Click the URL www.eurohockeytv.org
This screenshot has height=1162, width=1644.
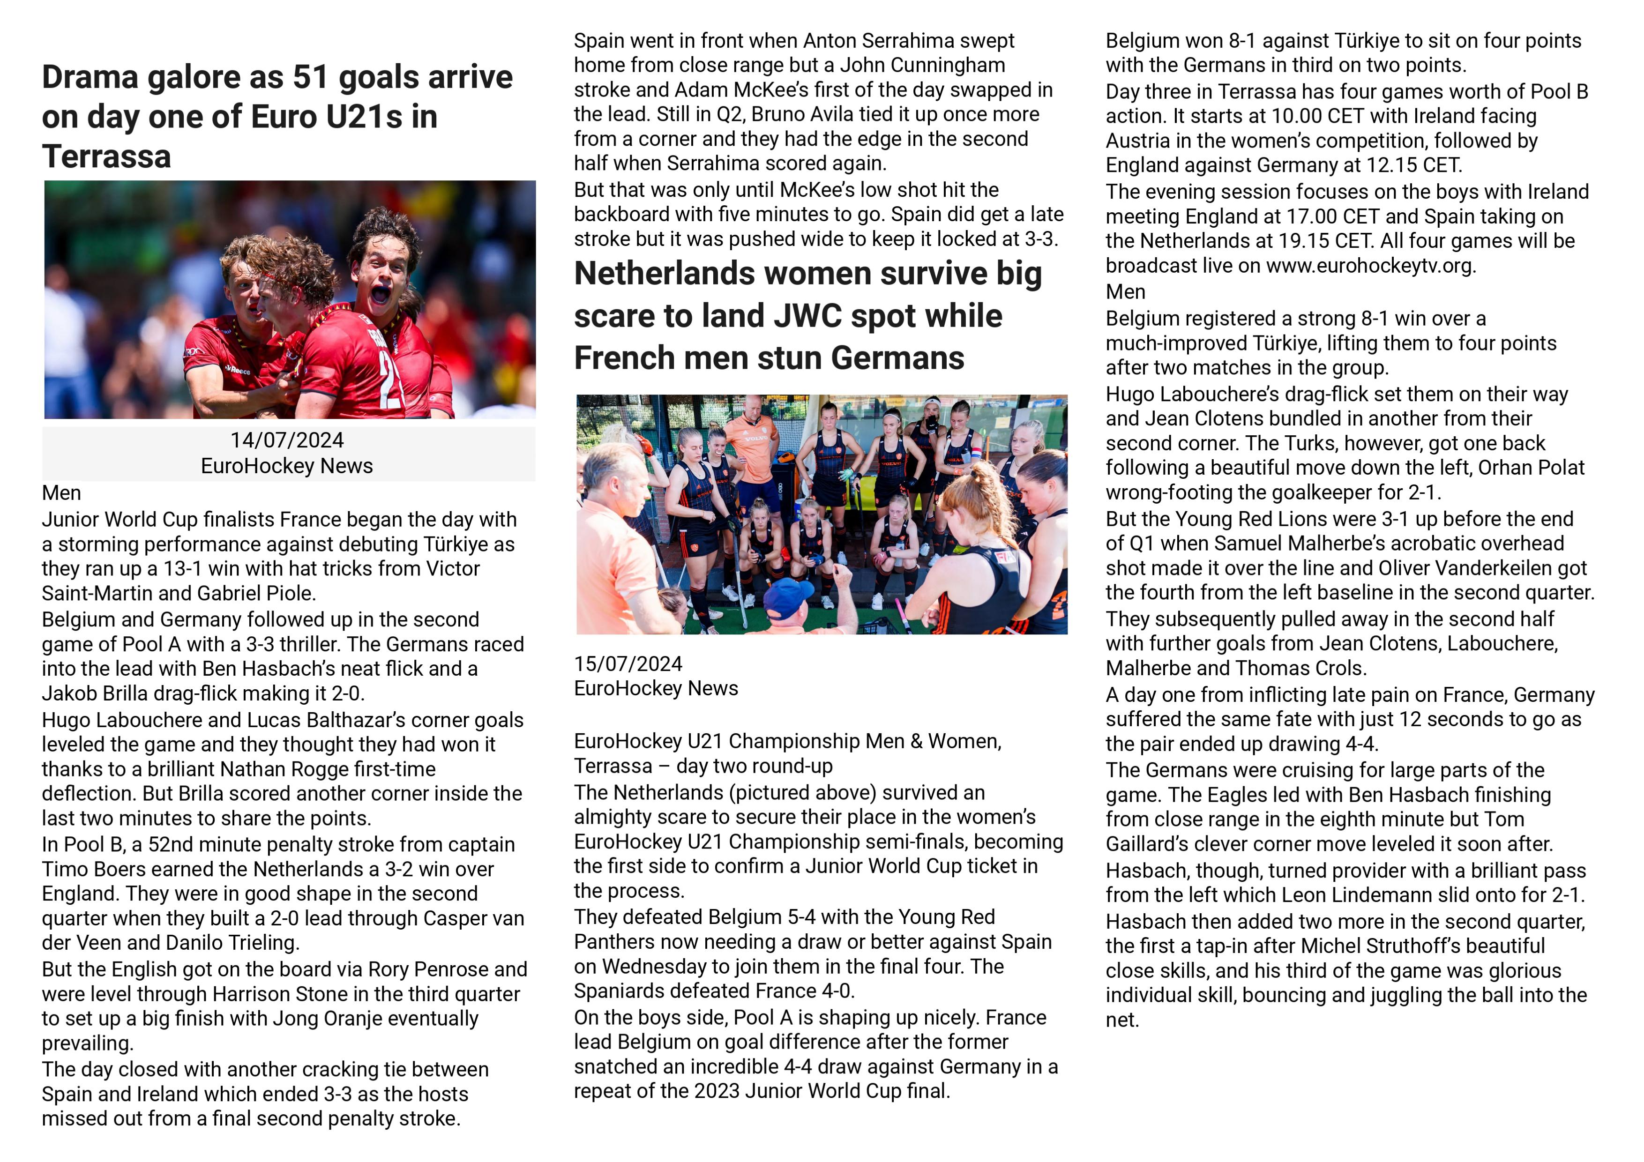click(1370, 266)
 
